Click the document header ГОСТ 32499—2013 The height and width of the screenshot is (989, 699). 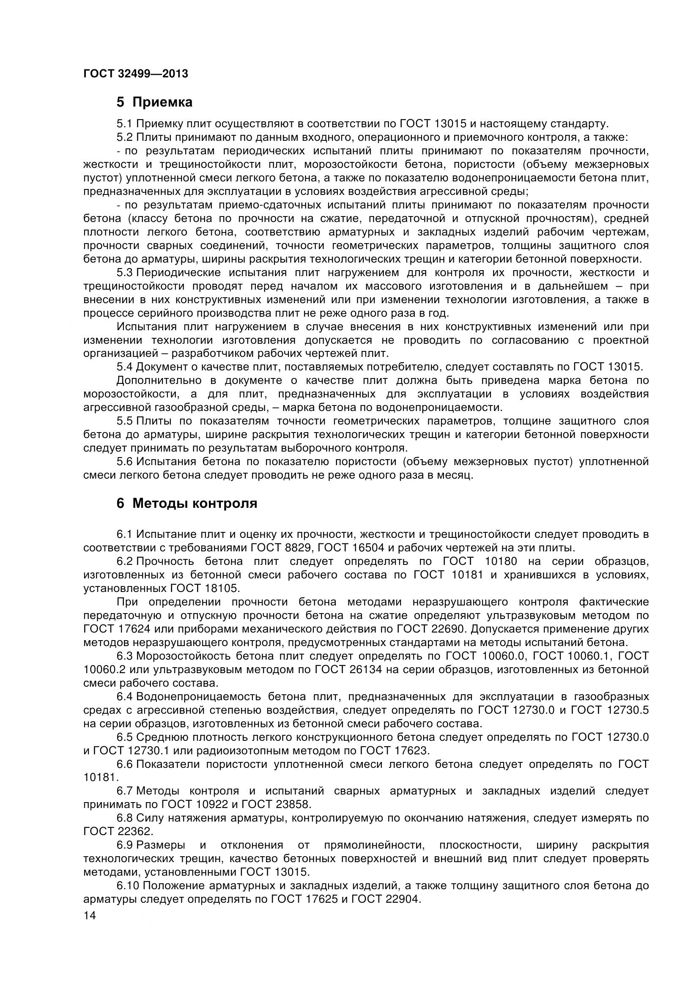tap(136, 74)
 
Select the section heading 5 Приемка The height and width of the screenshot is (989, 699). tap(154, 102)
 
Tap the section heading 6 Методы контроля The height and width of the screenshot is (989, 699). tap(186, 503)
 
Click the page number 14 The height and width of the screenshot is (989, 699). tap(90, 916)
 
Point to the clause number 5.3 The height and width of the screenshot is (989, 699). tap(125, 273)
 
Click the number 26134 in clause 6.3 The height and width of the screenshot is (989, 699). tap(364, 670)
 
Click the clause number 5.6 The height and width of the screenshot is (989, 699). tap(125, 462)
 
